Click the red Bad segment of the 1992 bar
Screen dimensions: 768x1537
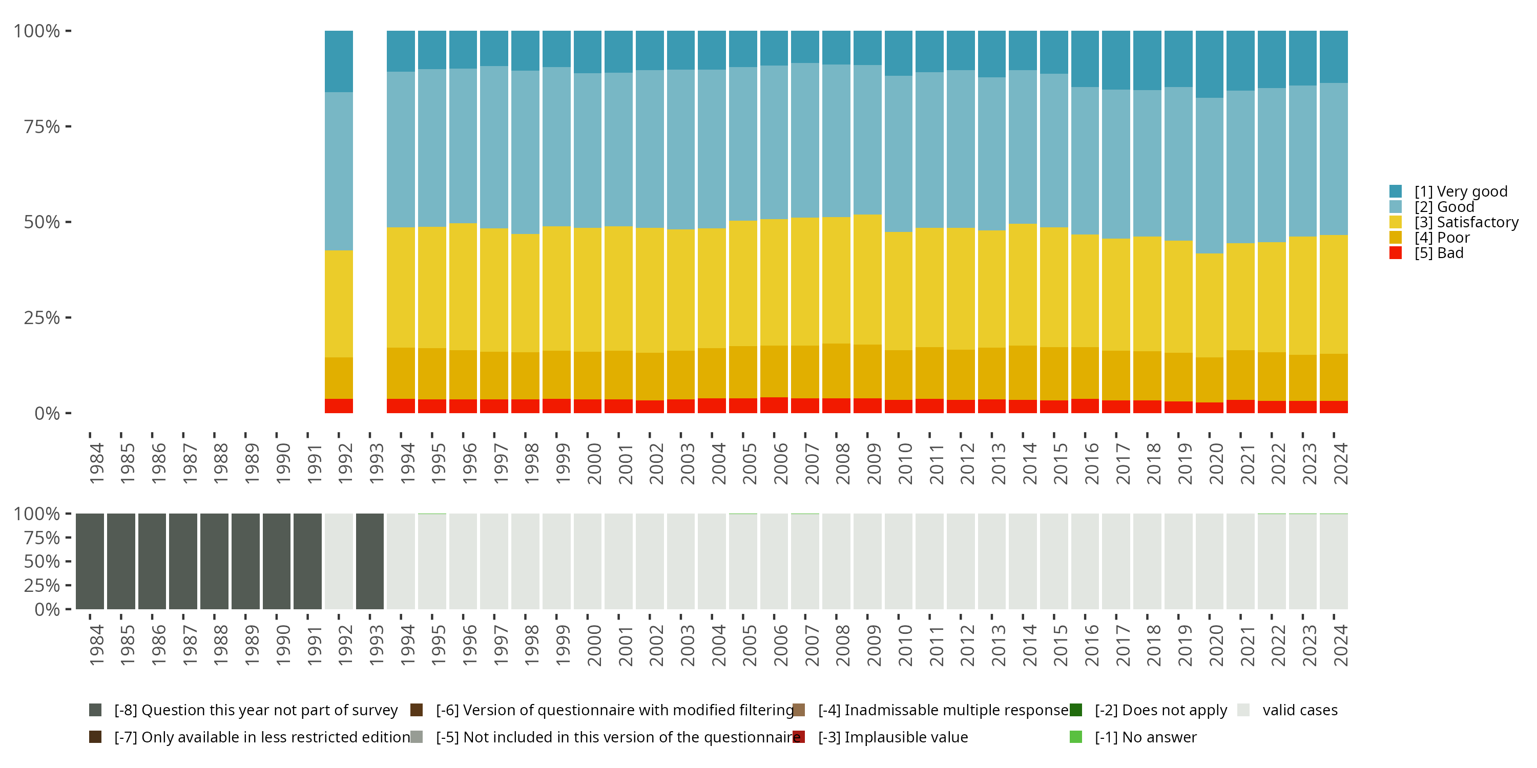click(338, 406)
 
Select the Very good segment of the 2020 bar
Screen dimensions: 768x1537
click(1210, 64)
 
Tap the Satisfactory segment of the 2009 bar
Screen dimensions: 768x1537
click(867, 279)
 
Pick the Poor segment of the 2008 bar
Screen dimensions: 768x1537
click(836, 370)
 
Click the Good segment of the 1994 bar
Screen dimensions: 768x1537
click(400, 149)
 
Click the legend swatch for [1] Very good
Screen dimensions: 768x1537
click(1395, 191)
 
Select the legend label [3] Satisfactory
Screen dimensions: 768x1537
click(1466, 222)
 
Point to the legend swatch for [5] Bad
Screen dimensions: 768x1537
click(1395, 253)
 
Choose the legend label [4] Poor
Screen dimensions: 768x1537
click(1442, 238)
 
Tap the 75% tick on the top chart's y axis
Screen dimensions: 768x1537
click(68, 126)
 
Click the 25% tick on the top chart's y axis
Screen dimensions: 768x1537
click(68, 317)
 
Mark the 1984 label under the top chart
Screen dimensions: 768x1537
click(97, 463)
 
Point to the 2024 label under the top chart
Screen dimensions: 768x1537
click(1340, 463)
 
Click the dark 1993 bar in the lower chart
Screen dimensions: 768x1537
click(369, 561)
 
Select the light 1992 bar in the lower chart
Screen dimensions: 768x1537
click(338, 561)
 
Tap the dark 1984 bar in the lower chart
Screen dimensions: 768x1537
click(90, 561)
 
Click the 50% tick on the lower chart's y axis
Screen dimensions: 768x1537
click(68, 561)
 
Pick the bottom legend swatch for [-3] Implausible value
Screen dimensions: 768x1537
click(799, 737)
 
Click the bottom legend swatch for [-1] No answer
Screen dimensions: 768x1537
click(1076, 737)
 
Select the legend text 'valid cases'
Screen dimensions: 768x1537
click(1299, 710)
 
